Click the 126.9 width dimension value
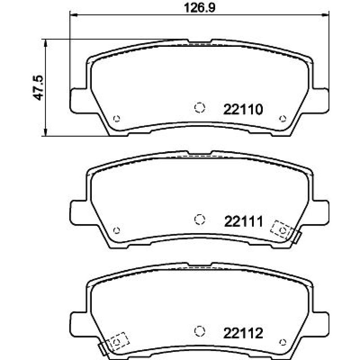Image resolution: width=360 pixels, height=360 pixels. point(200,8)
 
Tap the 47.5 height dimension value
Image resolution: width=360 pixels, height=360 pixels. point(38,87)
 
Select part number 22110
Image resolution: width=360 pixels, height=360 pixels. point(243,109)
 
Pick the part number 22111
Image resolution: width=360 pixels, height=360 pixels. point(243,221)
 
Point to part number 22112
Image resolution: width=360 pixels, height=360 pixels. point(243,333)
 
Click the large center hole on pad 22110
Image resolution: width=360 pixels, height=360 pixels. point(199,107)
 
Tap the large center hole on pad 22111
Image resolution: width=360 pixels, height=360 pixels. point(199,219)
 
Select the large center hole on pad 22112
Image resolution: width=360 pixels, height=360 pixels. point(199,331)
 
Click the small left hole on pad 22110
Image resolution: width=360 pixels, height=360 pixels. point(117,118)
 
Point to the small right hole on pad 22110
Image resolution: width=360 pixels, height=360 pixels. point(283,118)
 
